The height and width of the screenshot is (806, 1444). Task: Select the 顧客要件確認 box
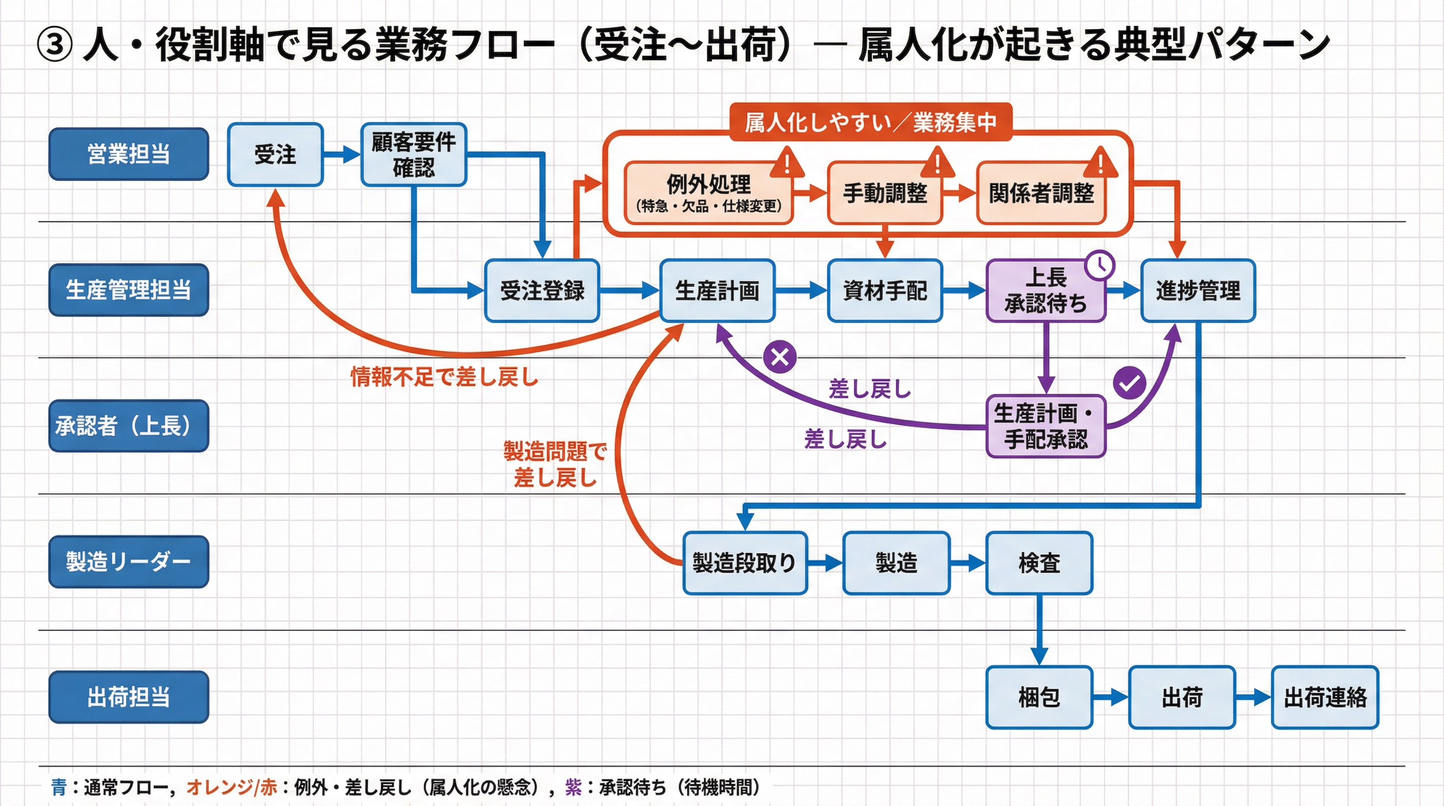tap(413, 155)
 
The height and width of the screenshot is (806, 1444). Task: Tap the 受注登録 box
tap(541, 290)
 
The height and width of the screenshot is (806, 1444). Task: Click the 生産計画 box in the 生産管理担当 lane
tap(717, 290)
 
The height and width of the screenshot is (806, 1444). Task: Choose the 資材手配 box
tap(885, 290)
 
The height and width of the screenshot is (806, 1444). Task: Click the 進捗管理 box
tap(1198, 290)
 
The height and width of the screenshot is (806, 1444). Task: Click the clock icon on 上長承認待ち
tap(1100, 265)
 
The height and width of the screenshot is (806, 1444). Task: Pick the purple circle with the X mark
tap(780, 356)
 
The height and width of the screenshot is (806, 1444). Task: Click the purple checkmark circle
tap(1129, 383)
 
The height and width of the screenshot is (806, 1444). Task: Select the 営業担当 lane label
tap(129, 154)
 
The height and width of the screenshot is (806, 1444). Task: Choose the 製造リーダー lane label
tap(129, 561)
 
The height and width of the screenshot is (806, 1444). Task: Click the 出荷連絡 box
tap(1324, 697)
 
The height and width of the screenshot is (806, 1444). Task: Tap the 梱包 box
tap(1039, 697)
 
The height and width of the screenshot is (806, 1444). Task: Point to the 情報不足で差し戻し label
tap(444, 377)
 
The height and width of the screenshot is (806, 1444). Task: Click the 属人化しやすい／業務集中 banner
tap(870, 122)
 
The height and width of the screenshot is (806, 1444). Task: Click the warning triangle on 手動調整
tap(937, 162)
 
